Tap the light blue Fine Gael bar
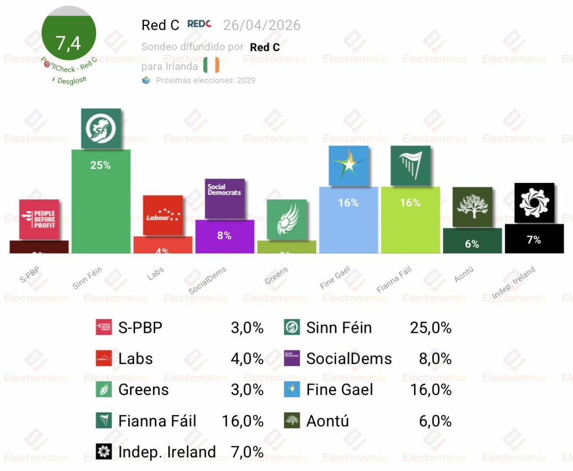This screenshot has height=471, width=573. [348, 220]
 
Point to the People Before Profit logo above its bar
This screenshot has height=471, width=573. [39, 219]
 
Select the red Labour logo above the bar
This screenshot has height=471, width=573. [163, 215]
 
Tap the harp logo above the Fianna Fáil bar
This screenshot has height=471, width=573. [410, 166]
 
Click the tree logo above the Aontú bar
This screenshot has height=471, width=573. [472, 207]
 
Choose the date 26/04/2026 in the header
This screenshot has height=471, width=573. [262, 25]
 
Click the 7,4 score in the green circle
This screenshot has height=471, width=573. [69, 43]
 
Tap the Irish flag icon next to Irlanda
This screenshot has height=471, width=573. [211, 64]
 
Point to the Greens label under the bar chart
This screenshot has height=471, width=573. [276, 276]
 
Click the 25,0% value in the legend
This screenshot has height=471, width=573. [430, 328]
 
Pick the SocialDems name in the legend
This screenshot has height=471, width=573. [349, 359]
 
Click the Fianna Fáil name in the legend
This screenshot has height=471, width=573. [157, 421]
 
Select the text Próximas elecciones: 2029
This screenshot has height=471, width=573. [205, 80]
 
